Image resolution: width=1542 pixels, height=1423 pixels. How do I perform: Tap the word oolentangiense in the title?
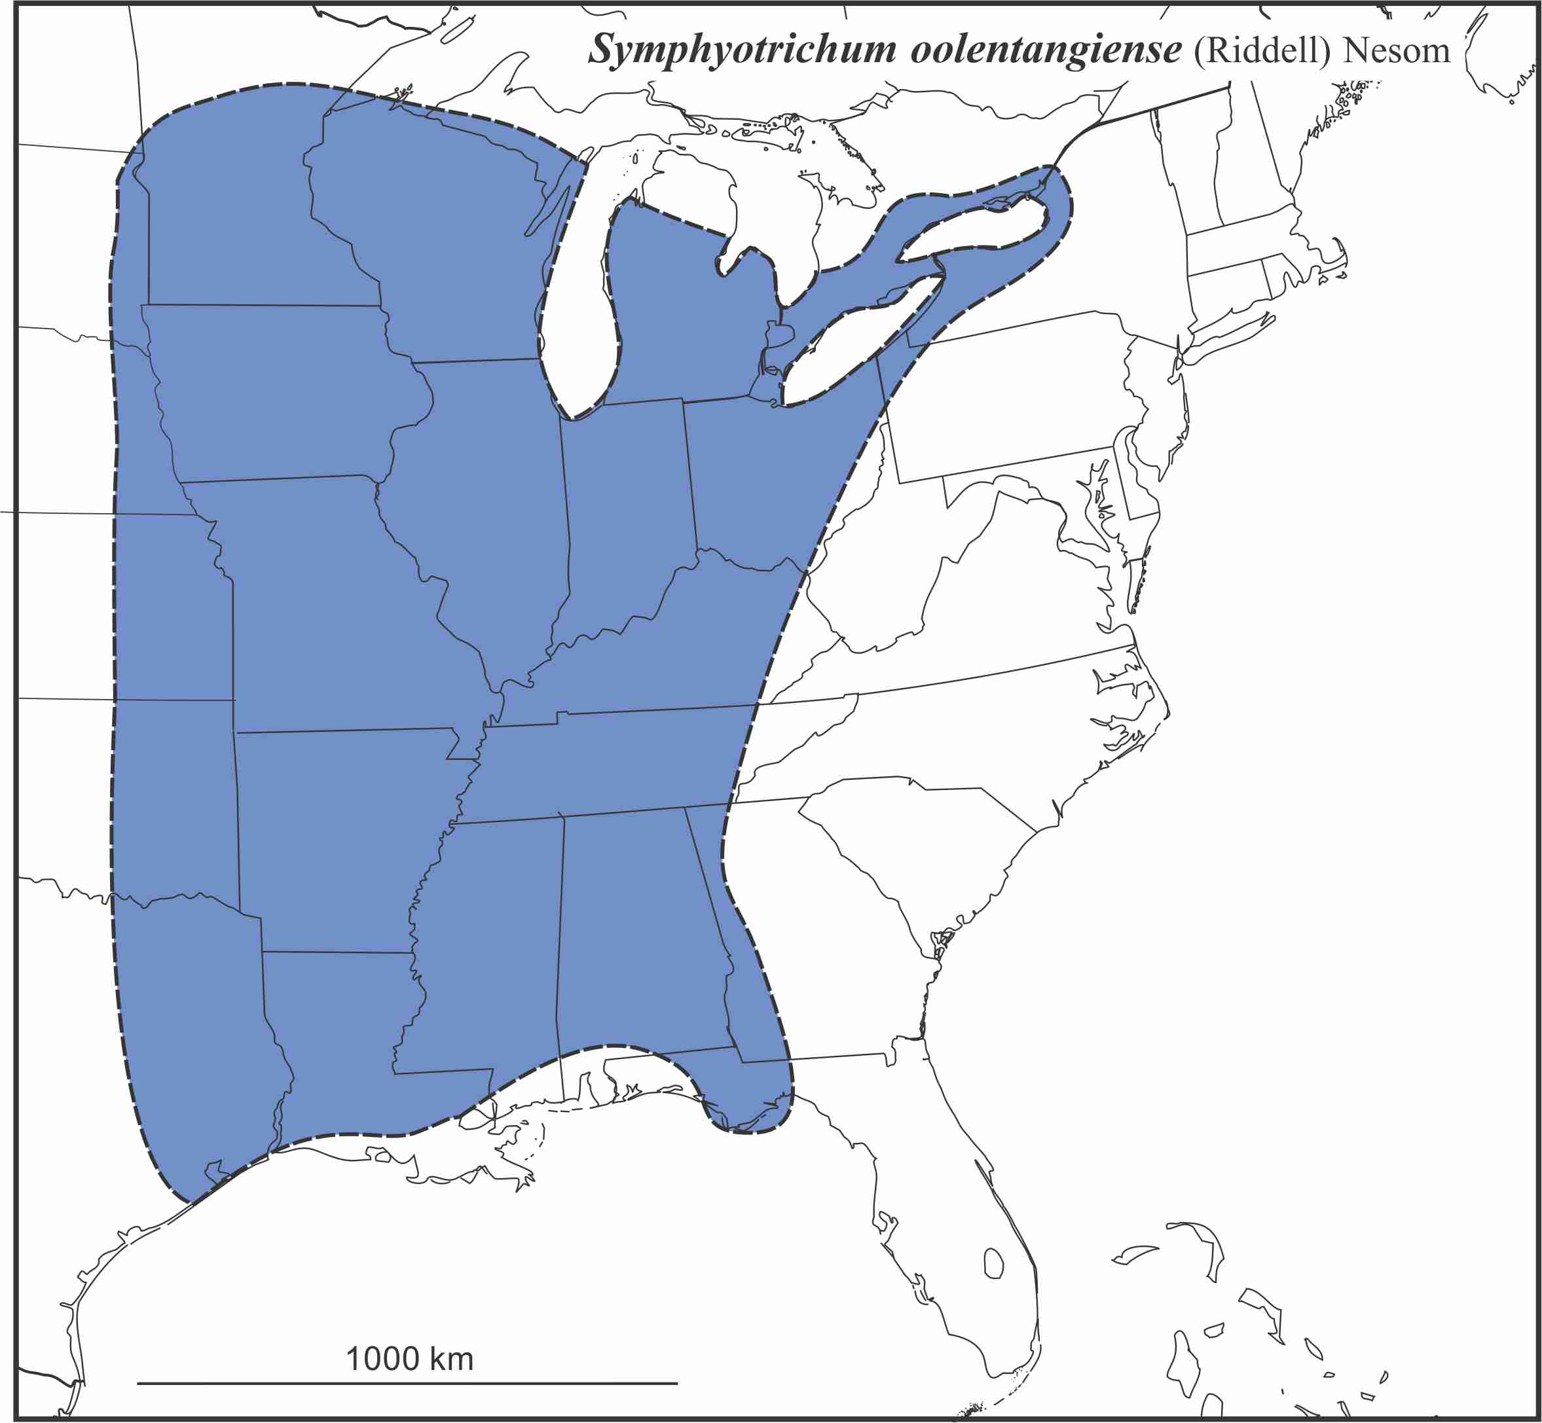pyautogui.click(x=1045, y=51)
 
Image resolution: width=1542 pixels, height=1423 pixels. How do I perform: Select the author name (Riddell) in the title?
pyautogui.click(x=1262, y=51)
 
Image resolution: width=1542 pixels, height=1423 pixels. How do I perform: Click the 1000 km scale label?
pyautogui.click(x=409, y=1359)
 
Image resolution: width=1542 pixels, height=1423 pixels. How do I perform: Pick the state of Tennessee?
pyautogui.click(x=608, y=763)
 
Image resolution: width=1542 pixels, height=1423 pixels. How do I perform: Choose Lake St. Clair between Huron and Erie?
pyautogui.click(x=779, y=335)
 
